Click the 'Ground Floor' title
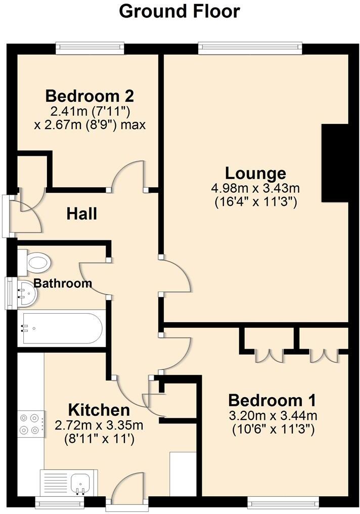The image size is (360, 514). [179, 11]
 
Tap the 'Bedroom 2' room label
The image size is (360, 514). [90, 96]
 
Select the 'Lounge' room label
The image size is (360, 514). [255, 173]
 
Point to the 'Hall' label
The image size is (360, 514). [82, 214]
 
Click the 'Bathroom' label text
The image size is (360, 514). [63, 283]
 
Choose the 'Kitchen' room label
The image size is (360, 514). [99, 409]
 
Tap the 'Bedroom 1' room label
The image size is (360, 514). [273, 400]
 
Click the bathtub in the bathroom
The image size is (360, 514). [61, 329]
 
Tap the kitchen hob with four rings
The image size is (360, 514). [29, 424]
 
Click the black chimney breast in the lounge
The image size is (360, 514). [335, 163]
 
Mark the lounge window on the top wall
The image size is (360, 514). [251, 49]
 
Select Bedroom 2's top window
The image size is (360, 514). [89, 49]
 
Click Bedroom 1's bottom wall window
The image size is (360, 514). [283, 502]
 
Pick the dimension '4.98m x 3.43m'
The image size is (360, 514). [255, 189]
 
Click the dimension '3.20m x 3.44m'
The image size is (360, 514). [273, 416]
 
